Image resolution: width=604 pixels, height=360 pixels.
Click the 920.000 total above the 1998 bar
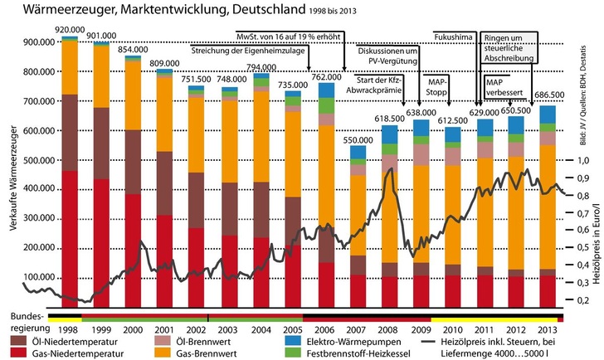[70, 29]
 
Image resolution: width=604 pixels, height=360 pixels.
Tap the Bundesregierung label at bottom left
[26, 322]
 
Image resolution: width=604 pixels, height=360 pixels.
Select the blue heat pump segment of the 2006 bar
[326, 90]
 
